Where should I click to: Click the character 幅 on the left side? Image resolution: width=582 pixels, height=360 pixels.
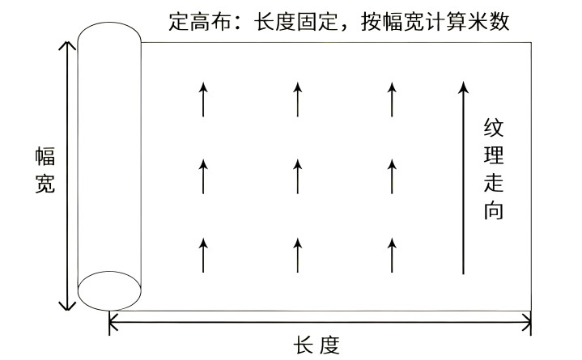(x=45, y=158)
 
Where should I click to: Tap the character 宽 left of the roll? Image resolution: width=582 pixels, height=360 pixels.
(x=45, y=184)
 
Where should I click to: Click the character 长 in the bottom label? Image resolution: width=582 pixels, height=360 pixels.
(x=303, y=346)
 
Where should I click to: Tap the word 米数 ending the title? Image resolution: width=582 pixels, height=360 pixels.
(x=492, y=20)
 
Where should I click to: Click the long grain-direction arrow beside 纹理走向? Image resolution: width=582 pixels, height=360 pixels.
(x=462, y=178)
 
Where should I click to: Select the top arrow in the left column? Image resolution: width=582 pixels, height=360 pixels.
(x=203, y=99)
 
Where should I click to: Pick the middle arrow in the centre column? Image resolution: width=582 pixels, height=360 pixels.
(x=298, y=176)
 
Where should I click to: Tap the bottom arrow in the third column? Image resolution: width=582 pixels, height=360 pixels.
(x=392, y=255)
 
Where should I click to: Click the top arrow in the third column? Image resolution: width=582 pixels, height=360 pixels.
(x=392, y=99)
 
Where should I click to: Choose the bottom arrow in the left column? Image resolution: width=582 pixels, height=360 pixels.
(x=203, y=255)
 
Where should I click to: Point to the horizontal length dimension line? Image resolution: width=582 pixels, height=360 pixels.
(x=320, y=324)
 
